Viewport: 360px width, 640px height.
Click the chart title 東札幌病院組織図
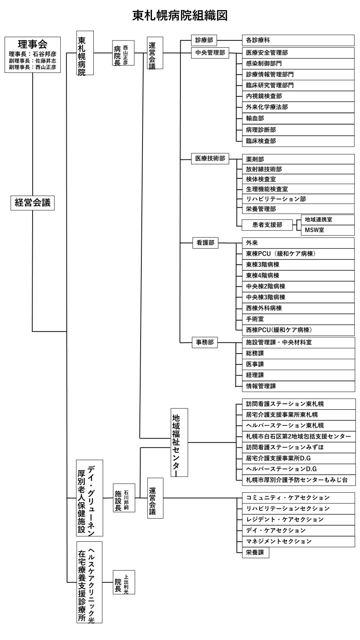[x=180, y=15]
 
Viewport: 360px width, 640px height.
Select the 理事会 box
[x=33, y=55]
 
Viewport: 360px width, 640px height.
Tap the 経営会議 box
[x=33, y=203]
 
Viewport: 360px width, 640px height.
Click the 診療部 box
[x=204, y=40]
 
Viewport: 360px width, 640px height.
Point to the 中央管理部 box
[x=210, y=53]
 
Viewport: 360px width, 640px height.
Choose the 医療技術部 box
[x=210, y=159]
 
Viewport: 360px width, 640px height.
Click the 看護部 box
[x=205, y=243]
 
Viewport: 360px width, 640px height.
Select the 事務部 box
[x=205, y=342]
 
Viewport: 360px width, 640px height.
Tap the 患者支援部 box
[x=267, y=225]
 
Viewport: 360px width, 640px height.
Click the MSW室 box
[x=328, y=230]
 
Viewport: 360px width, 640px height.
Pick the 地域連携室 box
[x=328, y=220]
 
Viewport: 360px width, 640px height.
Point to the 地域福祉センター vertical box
[x=179, y=442]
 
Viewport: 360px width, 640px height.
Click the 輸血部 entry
[x=298, y=118]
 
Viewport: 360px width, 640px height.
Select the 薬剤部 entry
[x=298, y=159]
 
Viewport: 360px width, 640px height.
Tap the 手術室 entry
[x=298, y=319]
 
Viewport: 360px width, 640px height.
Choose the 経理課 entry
[x=298, y=375]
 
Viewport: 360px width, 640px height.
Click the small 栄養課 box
[x=255, y=552]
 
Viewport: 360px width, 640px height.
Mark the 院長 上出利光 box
[x=124, y=582]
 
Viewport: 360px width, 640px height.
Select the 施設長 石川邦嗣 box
[x=124, y=498]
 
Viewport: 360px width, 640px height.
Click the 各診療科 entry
[x=298, y=40]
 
